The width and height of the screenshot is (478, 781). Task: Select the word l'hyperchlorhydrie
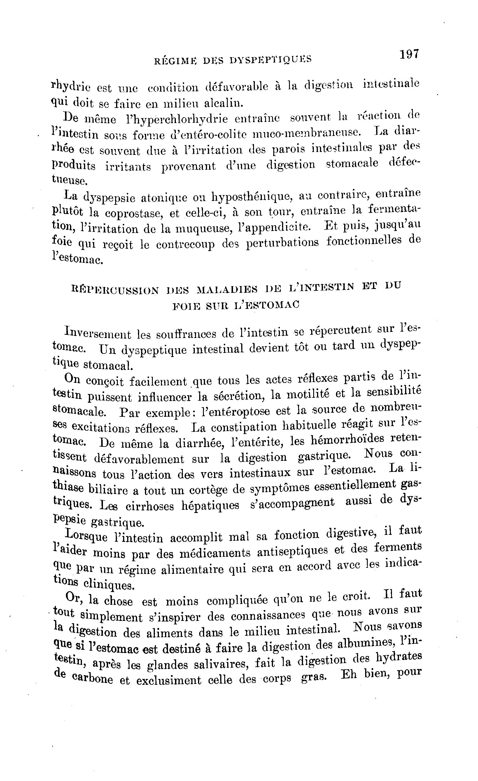(x=176, y=119)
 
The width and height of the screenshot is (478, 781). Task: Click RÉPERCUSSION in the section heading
(x=115, y=290)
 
